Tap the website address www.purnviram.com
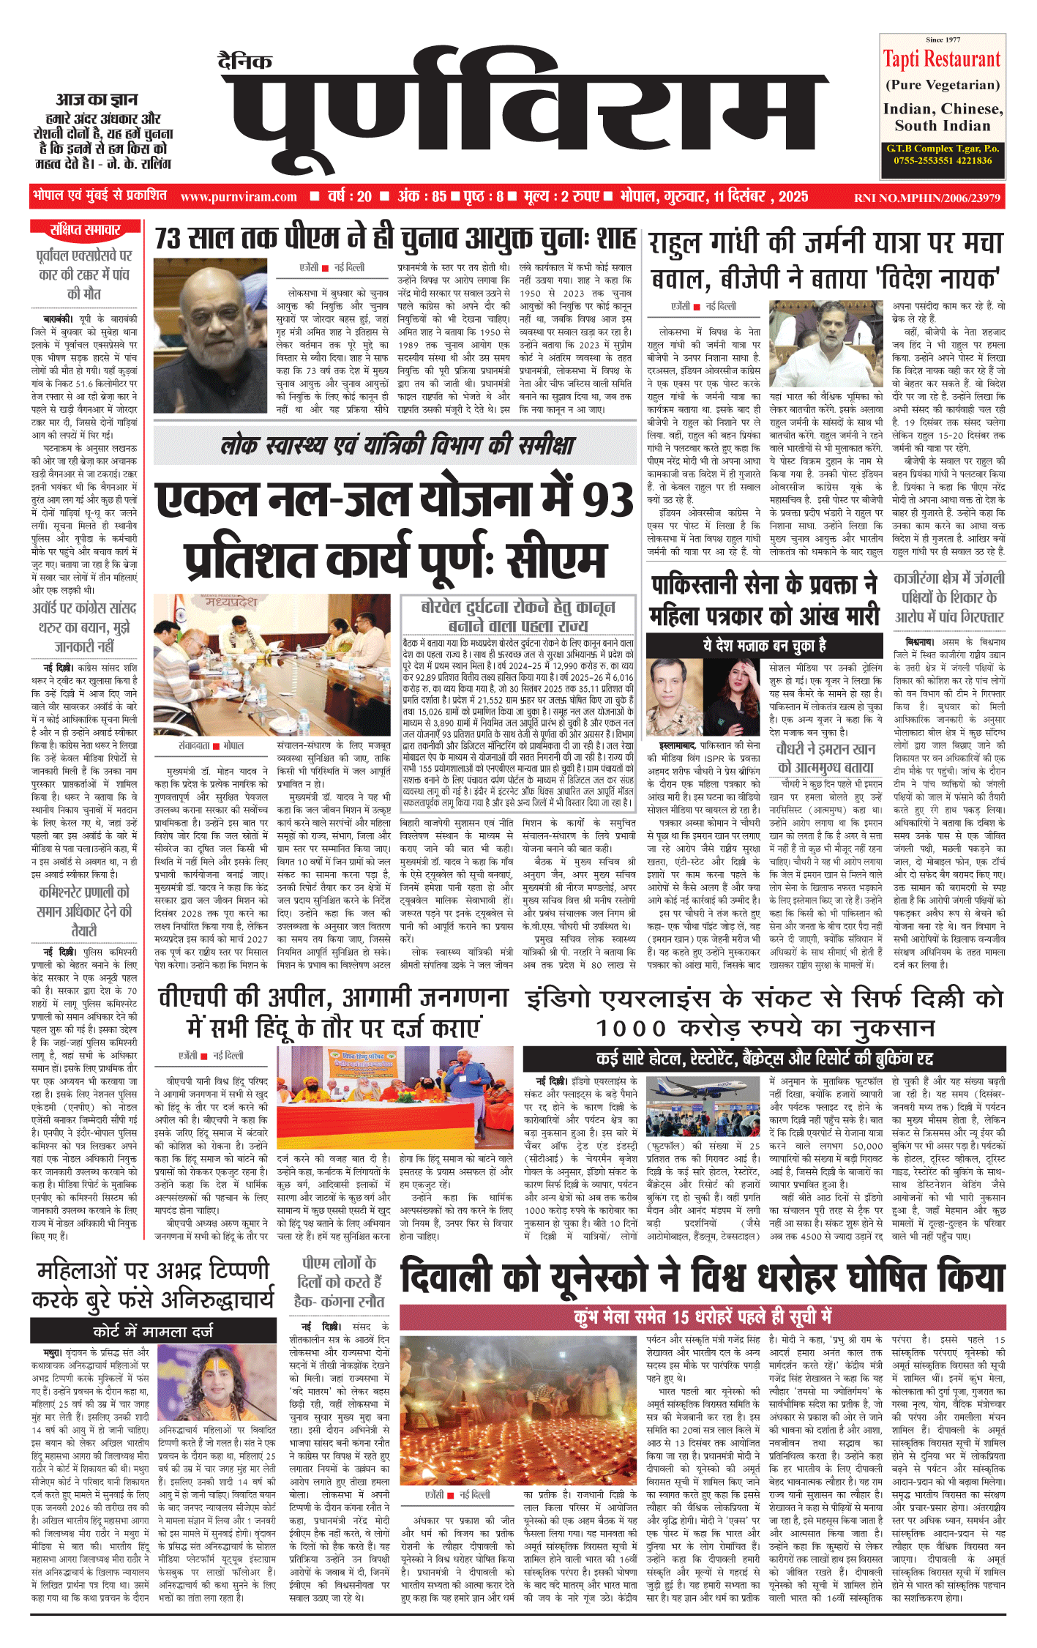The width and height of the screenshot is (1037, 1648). point(239,197)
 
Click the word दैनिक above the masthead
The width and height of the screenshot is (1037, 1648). point(245,61)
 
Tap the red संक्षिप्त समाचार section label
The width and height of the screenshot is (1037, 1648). point(85,230)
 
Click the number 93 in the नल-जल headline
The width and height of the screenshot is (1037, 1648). point(607,502)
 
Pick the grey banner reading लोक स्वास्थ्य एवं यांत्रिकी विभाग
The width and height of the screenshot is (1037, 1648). point(397,445)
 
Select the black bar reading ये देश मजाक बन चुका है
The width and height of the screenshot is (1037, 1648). point(765,645)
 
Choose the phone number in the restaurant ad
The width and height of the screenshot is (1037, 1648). point(943,160)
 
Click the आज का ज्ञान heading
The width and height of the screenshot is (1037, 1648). point(97,99)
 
